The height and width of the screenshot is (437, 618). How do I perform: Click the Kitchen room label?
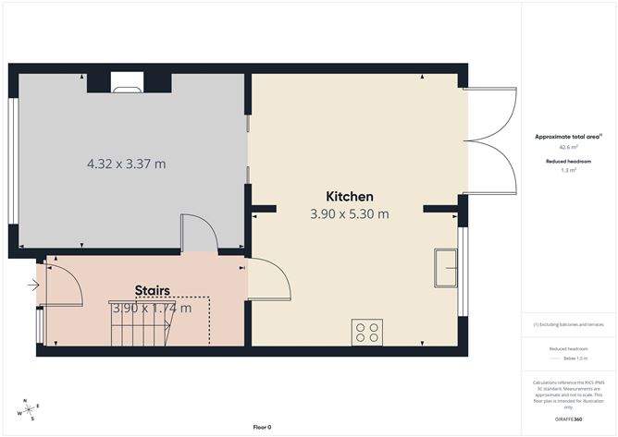click(350, 196)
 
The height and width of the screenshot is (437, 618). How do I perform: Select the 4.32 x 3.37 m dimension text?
click(126, 164)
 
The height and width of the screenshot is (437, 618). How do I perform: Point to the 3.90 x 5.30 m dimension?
click(350, 214)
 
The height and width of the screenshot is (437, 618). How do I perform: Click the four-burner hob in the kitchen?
click(367, 332)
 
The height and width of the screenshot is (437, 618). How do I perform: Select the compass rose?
click(29, 410)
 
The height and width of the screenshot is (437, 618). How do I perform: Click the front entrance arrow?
click(34, 285)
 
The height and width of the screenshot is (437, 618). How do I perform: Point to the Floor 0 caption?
click(262, 427)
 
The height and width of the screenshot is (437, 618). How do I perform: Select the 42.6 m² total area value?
click(568, 147)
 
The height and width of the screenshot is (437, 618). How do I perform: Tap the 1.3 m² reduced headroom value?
click(568, 170)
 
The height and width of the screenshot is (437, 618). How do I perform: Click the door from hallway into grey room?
click(197, 233)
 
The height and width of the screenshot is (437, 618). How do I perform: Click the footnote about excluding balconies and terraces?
click(568, 324)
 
